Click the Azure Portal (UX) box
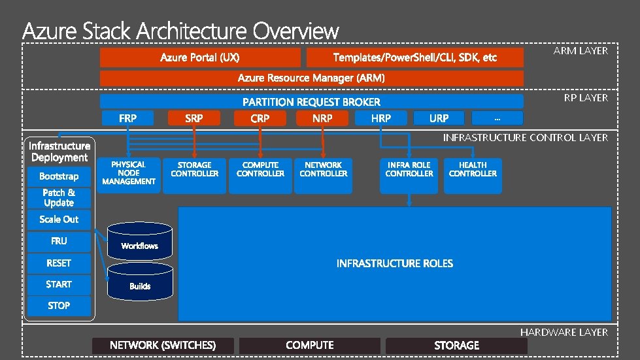point(199,57)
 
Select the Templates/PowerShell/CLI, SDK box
point(414,57)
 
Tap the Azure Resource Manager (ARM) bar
point(311,78)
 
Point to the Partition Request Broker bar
point(311,102)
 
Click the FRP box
point(127,118)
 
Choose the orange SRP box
point(194,118)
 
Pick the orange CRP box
point(260,118)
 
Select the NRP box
point(322,118)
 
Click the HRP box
point(380,118)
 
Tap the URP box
point(439,118)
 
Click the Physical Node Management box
point(128,174)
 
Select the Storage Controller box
point(194,174)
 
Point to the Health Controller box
point(473,174)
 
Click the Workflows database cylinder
point(140,242)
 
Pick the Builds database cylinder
point(140,282)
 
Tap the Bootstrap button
point(59,176)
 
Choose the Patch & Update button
point(59,197)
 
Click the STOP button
point(59,306)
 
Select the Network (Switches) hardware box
point(162,345)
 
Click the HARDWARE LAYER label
point(564,333)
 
